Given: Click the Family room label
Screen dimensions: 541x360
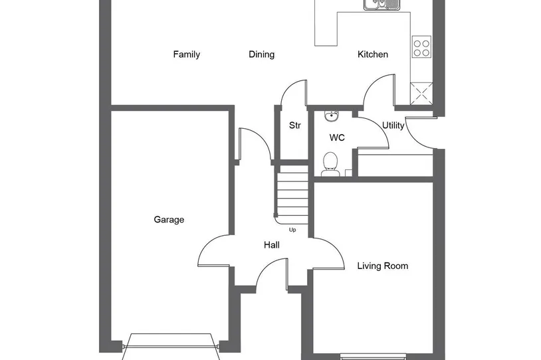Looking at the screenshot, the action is pos(186,54).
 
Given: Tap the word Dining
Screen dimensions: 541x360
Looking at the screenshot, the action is pos(262,54).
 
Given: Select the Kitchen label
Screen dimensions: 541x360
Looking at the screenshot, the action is pos(373,54).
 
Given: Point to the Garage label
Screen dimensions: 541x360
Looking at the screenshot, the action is pos(169,220).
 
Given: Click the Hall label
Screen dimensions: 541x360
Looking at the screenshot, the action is pos(272,245).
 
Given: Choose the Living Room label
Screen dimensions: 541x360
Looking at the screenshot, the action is pos(383,266).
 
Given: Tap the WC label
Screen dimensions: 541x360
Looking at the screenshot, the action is pos(337,138).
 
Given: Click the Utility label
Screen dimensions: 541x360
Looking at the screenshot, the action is pos(393,126).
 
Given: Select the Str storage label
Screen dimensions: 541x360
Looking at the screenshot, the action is pos(294,126).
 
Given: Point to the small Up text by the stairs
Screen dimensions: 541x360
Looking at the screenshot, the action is pos(292,230).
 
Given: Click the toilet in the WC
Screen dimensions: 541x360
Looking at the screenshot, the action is pos(330,164).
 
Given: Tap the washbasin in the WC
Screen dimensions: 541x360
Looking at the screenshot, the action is pos(332,116).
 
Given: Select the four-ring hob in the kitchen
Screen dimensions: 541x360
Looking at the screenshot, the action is pos(421,48).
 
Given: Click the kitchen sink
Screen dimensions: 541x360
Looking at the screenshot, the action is pos(381,5).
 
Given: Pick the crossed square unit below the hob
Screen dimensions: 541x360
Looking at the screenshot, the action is pos(421,94).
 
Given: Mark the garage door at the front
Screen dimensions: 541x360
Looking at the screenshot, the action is pos(171,346).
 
